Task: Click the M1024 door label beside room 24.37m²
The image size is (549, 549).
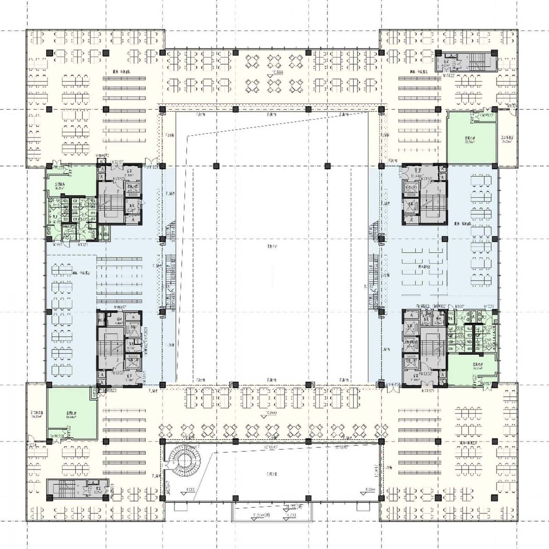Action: [x=32, y=445]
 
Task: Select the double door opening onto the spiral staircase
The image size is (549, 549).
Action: [x=167, y=465]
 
